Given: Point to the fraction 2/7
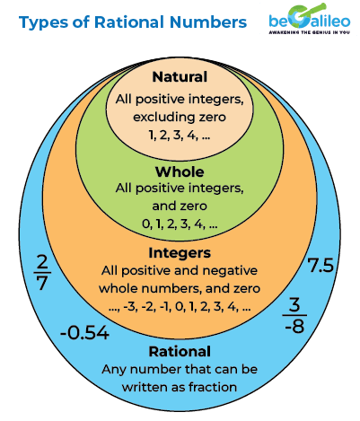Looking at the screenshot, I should (x=40, y=272).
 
